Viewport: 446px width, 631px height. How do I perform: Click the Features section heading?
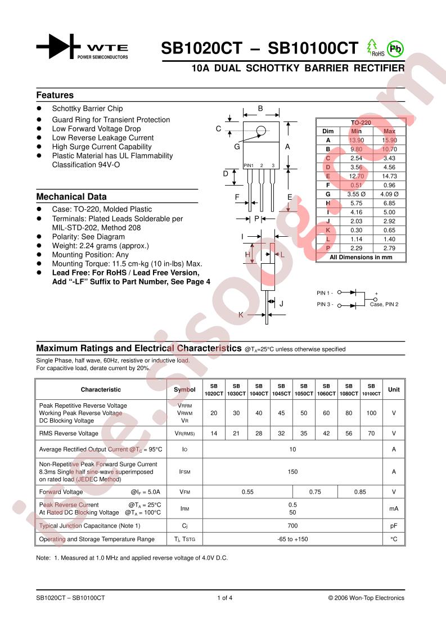pyautogui.click(x=55, y=95)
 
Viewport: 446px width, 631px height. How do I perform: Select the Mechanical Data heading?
pyautogui.click(x=71, y=197)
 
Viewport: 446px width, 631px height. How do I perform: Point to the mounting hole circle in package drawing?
pyautogui.click(x=260, y=132)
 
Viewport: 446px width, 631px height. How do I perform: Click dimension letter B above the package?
pyautogui.click(x=260, y=109)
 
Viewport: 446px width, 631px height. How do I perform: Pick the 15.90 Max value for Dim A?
pyautogui.click(x=389, y=140)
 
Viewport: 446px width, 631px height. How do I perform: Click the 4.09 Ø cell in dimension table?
pyautogui.click(x=389, y=193)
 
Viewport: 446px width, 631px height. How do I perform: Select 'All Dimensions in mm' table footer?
pyautogui.click(x=361, y=257)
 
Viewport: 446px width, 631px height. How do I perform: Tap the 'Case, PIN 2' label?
pyautogui.click(x=384, y=304)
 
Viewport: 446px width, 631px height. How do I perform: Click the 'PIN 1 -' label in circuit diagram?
pyautogui.click(x=325, y=292)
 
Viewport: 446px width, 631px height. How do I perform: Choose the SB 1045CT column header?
pyautogui.click(x=281, y=390)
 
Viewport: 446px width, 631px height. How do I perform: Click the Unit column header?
pyautogui.click(x=394, y=389)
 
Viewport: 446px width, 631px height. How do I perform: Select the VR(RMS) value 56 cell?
pyautogui.click(x=349, y=434)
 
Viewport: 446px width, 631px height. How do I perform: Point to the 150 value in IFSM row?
pyautogui.click(x=292, y=472)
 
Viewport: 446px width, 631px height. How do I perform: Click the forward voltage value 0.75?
pyautogui.click(x=315, y=492)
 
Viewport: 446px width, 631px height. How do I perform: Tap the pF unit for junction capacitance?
pyautogui.click(x=394, y=525)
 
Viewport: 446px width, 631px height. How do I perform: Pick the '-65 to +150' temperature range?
pyautogui.click(x=292, y=539)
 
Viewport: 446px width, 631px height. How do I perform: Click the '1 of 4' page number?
pyautogui.click(x=224, y=598)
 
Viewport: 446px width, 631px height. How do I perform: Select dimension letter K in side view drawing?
pyautogui.click(x=241, y=315)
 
